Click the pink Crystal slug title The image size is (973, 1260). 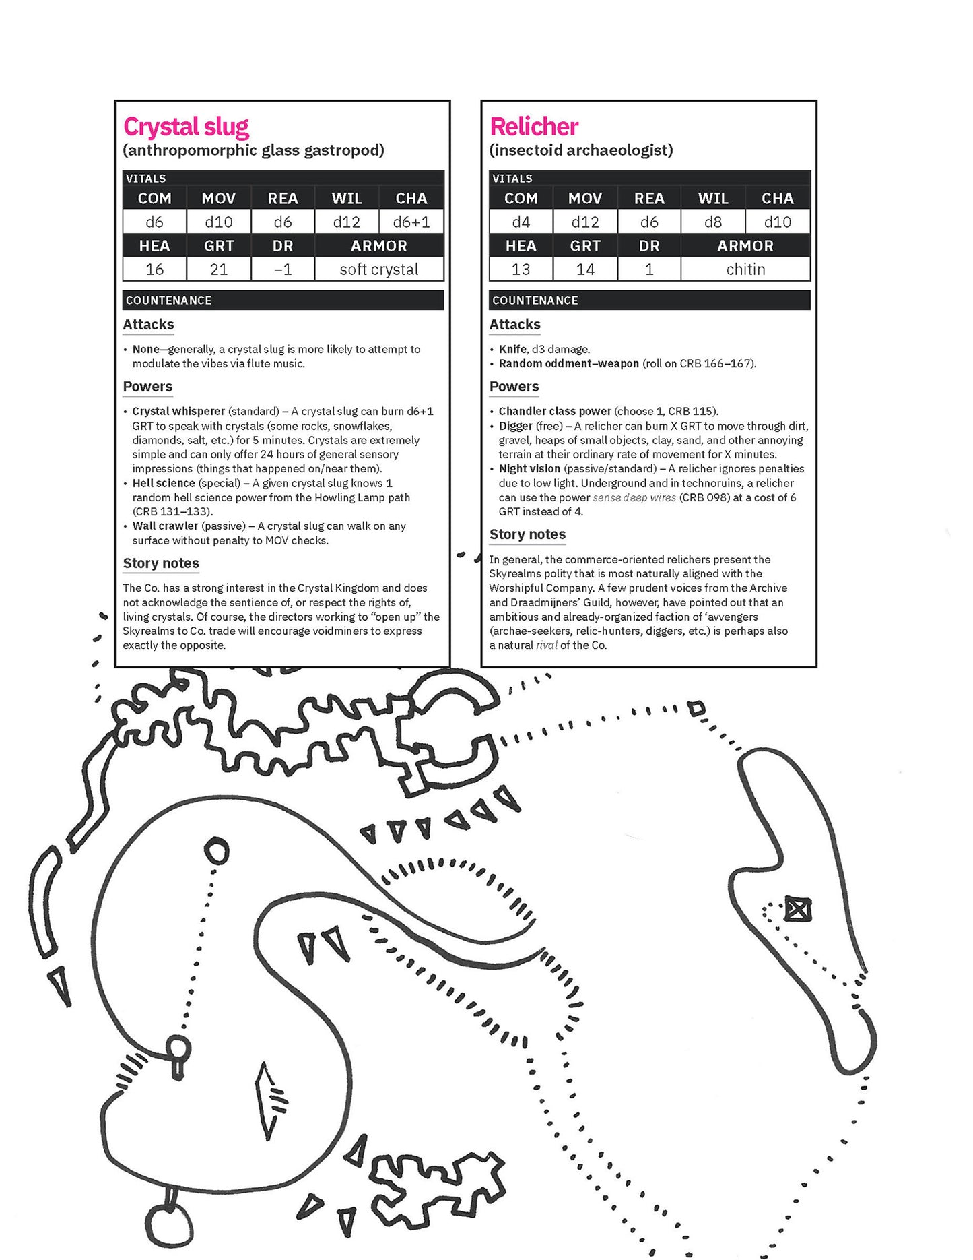pos(186,127)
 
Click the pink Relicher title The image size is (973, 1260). pos(534,127)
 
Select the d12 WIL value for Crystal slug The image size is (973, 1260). pos(347,222)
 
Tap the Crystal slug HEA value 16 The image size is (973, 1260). pos(154,270)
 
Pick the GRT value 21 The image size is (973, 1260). pos(219,270)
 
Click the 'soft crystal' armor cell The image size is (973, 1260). pos(378,270)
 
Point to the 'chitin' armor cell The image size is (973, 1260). pos(745,270)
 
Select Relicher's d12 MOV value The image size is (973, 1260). pos(585,222)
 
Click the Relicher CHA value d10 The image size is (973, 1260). pos(777,222)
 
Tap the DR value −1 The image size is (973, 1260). pos(283,270)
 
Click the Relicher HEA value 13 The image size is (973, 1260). pos(521,270)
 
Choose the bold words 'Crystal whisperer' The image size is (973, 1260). pos(178,411)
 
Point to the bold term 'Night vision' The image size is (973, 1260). pos(529,468)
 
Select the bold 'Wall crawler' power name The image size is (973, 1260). pos(165,526)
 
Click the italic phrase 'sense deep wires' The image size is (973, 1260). pos(634,497)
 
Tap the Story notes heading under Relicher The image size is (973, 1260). pos(527,534)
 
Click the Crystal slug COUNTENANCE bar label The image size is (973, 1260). pos(168,301)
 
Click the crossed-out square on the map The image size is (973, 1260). pos(798,910)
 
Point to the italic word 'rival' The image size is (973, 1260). pos(547,645)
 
